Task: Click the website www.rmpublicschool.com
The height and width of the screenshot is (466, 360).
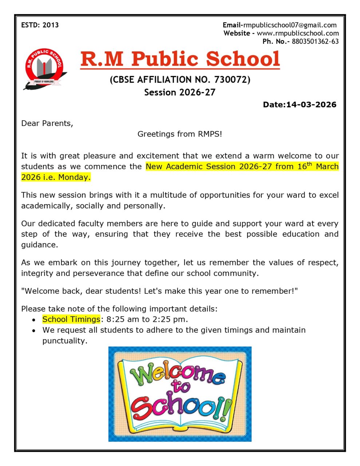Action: pos(298,33)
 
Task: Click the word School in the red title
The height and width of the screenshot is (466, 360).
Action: pos(243,59)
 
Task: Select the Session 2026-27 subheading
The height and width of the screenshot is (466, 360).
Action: pos(180,92)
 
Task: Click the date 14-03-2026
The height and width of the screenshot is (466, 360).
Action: pos(311,105)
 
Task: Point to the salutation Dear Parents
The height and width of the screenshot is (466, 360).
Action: pos(47,123)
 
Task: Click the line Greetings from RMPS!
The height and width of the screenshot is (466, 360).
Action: pos(179,134)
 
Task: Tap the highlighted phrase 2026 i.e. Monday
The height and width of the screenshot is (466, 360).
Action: pos(56,178)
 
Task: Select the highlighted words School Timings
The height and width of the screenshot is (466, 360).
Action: pos(71,320)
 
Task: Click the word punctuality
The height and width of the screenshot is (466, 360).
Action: pos(64,341)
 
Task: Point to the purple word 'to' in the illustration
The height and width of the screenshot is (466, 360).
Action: pos(181,387)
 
